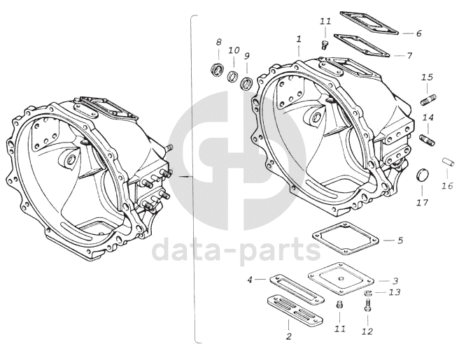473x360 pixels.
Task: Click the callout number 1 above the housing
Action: click(x=299, y=39)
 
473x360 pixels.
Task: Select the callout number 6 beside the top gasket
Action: click(x=418, y=33)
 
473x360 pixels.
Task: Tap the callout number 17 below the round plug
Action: click(x=423, y=203)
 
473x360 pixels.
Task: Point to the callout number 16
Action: click(x=447, y=185)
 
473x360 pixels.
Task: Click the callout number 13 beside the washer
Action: click(x=394, y=292)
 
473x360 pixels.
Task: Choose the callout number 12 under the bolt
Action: click(x=367, y=331)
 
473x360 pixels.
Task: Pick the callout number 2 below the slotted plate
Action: click(x=289, y=336)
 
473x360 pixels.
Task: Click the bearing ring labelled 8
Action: click(x=217, y=70)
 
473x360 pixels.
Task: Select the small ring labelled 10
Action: click(x=233, y=76)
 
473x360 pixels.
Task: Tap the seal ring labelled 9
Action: click(x=247, y=83)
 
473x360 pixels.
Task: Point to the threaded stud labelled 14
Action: click(x=427, y=141)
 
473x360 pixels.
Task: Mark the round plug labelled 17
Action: click(x=422, y=175)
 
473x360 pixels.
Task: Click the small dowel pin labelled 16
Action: click(x=449, y=161)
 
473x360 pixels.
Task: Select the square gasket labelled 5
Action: click(x=346, y=238)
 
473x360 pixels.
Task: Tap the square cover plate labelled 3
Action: click(x=341, y=279)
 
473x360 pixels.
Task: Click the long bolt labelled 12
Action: click(x=367, y=305)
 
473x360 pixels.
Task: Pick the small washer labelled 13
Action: click(x=368, y=292)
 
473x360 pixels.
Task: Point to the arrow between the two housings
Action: click(x=185, y=175)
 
